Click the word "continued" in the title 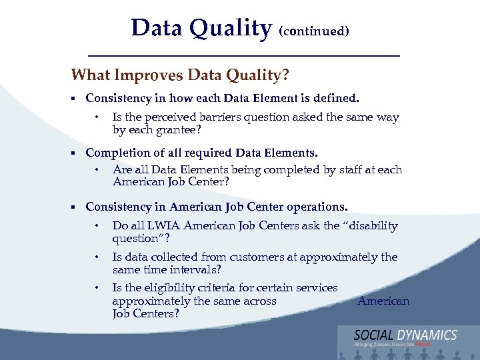[314, 31]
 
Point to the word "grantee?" [177, 129]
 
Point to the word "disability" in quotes [370, 226]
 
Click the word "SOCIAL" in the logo [375, 335]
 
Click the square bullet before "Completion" [74, 153]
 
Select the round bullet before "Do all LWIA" [97, 226]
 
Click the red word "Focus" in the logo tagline [423, 345]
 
